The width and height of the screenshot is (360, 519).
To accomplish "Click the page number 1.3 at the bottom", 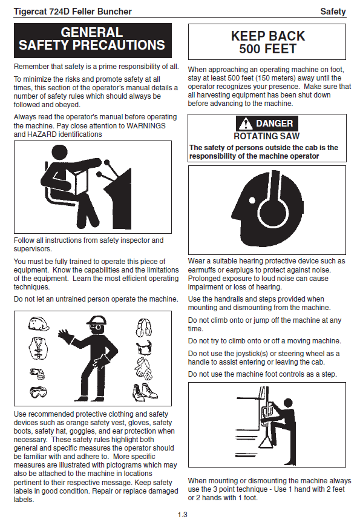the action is [x=182, y=514].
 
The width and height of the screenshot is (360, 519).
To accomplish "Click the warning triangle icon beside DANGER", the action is [x=246, y=124].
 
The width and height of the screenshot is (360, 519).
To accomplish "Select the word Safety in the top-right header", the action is [x=333, y=12].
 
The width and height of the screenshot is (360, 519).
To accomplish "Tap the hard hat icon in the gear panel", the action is [x=39, y=323].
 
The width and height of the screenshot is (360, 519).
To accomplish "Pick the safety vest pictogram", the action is [x=39, y=348].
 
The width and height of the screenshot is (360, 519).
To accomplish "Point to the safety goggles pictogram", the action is [x=38, y=392].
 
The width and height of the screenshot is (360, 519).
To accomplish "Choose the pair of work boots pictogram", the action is [x=145, y=392].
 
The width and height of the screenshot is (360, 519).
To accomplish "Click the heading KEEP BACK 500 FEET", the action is [x=268, y=42].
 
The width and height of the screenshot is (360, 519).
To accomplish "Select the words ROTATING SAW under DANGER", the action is [x=266, y=136].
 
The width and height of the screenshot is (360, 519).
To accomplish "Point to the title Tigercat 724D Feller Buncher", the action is [x=73, y=12].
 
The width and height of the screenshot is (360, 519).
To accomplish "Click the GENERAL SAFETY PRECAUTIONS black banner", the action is [x=93, y=41].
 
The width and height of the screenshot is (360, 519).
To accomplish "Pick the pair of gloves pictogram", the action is [x=144, y=368].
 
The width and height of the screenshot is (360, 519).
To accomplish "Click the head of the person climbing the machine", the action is [x=288, y=403].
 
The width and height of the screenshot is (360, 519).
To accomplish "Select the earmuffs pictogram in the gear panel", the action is [x=144, y=328].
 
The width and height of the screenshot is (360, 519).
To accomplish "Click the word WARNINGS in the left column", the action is [x=146, y=126].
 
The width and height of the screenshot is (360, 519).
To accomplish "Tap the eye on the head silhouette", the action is [x=252, y=200].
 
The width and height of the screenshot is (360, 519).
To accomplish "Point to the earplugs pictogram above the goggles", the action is [x=37, y=374].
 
